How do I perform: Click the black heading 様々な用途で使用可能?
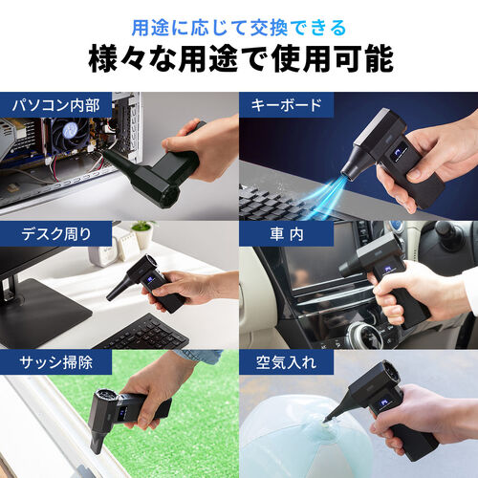(x=239, y=58)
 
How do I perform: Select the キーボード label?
(x=285, y=105)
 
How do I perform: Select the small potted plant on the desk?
(x=142, y=234)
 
